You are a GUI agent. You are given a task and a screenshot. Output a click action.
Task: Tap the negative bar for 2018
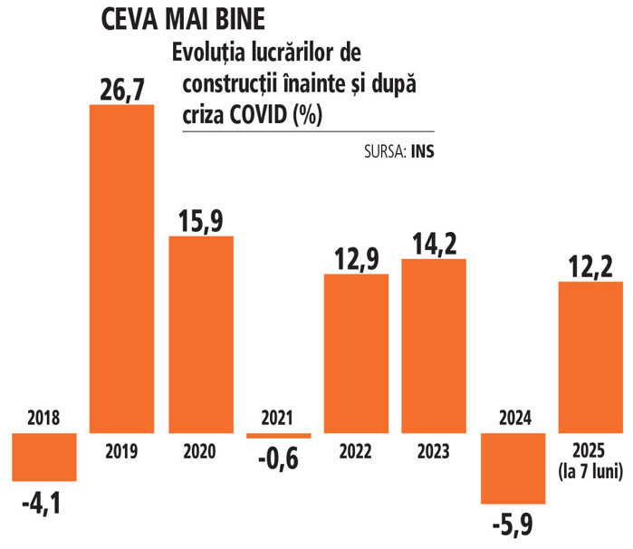click(44, 457)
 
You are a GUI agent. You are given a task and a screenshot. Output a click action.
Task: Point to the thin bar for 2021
click(279, 436)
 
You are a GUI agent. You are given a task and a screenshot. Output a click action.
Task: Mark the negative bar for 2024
click(513, 467)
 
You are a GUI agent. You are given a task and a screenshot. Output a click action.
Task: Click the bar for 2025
click(590, 357)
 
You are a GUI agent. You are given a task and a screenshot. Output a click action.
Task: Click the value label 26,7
click(120, 89)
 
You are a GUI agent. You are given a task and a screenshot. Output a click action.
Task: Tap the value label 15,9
click(201, 220)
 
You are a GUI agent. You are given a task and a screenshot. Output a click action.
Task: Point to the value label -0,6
click(279, 459)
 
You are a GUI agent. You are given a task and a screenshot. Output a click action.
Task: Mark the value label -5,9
click(513, 523)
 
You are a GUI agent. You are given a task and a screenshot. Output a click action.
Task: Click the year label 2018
click(43, 418)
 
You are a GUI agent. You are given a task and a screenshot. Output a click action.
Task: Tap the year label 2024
click(513, 418)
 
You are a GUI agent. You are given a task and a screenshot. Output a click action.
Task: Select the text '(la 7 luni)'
click(590, 466)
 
